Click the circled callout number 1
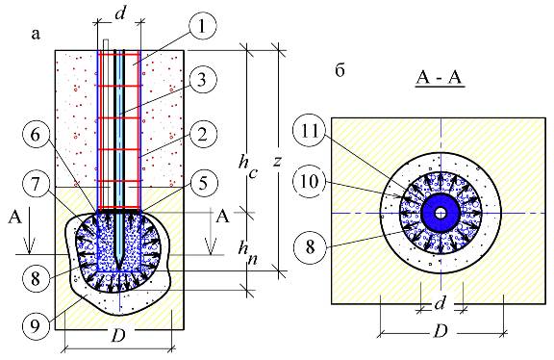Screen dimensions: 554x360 pos(202,27)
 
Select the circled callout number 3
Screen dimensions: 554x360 pos(202,80)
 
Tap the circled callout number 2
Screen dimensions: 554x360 pos(202,135)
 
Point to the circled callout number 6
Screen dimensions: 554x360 pos(36,135)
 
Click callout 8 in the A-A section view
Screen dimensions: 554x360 pos(310,246)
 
